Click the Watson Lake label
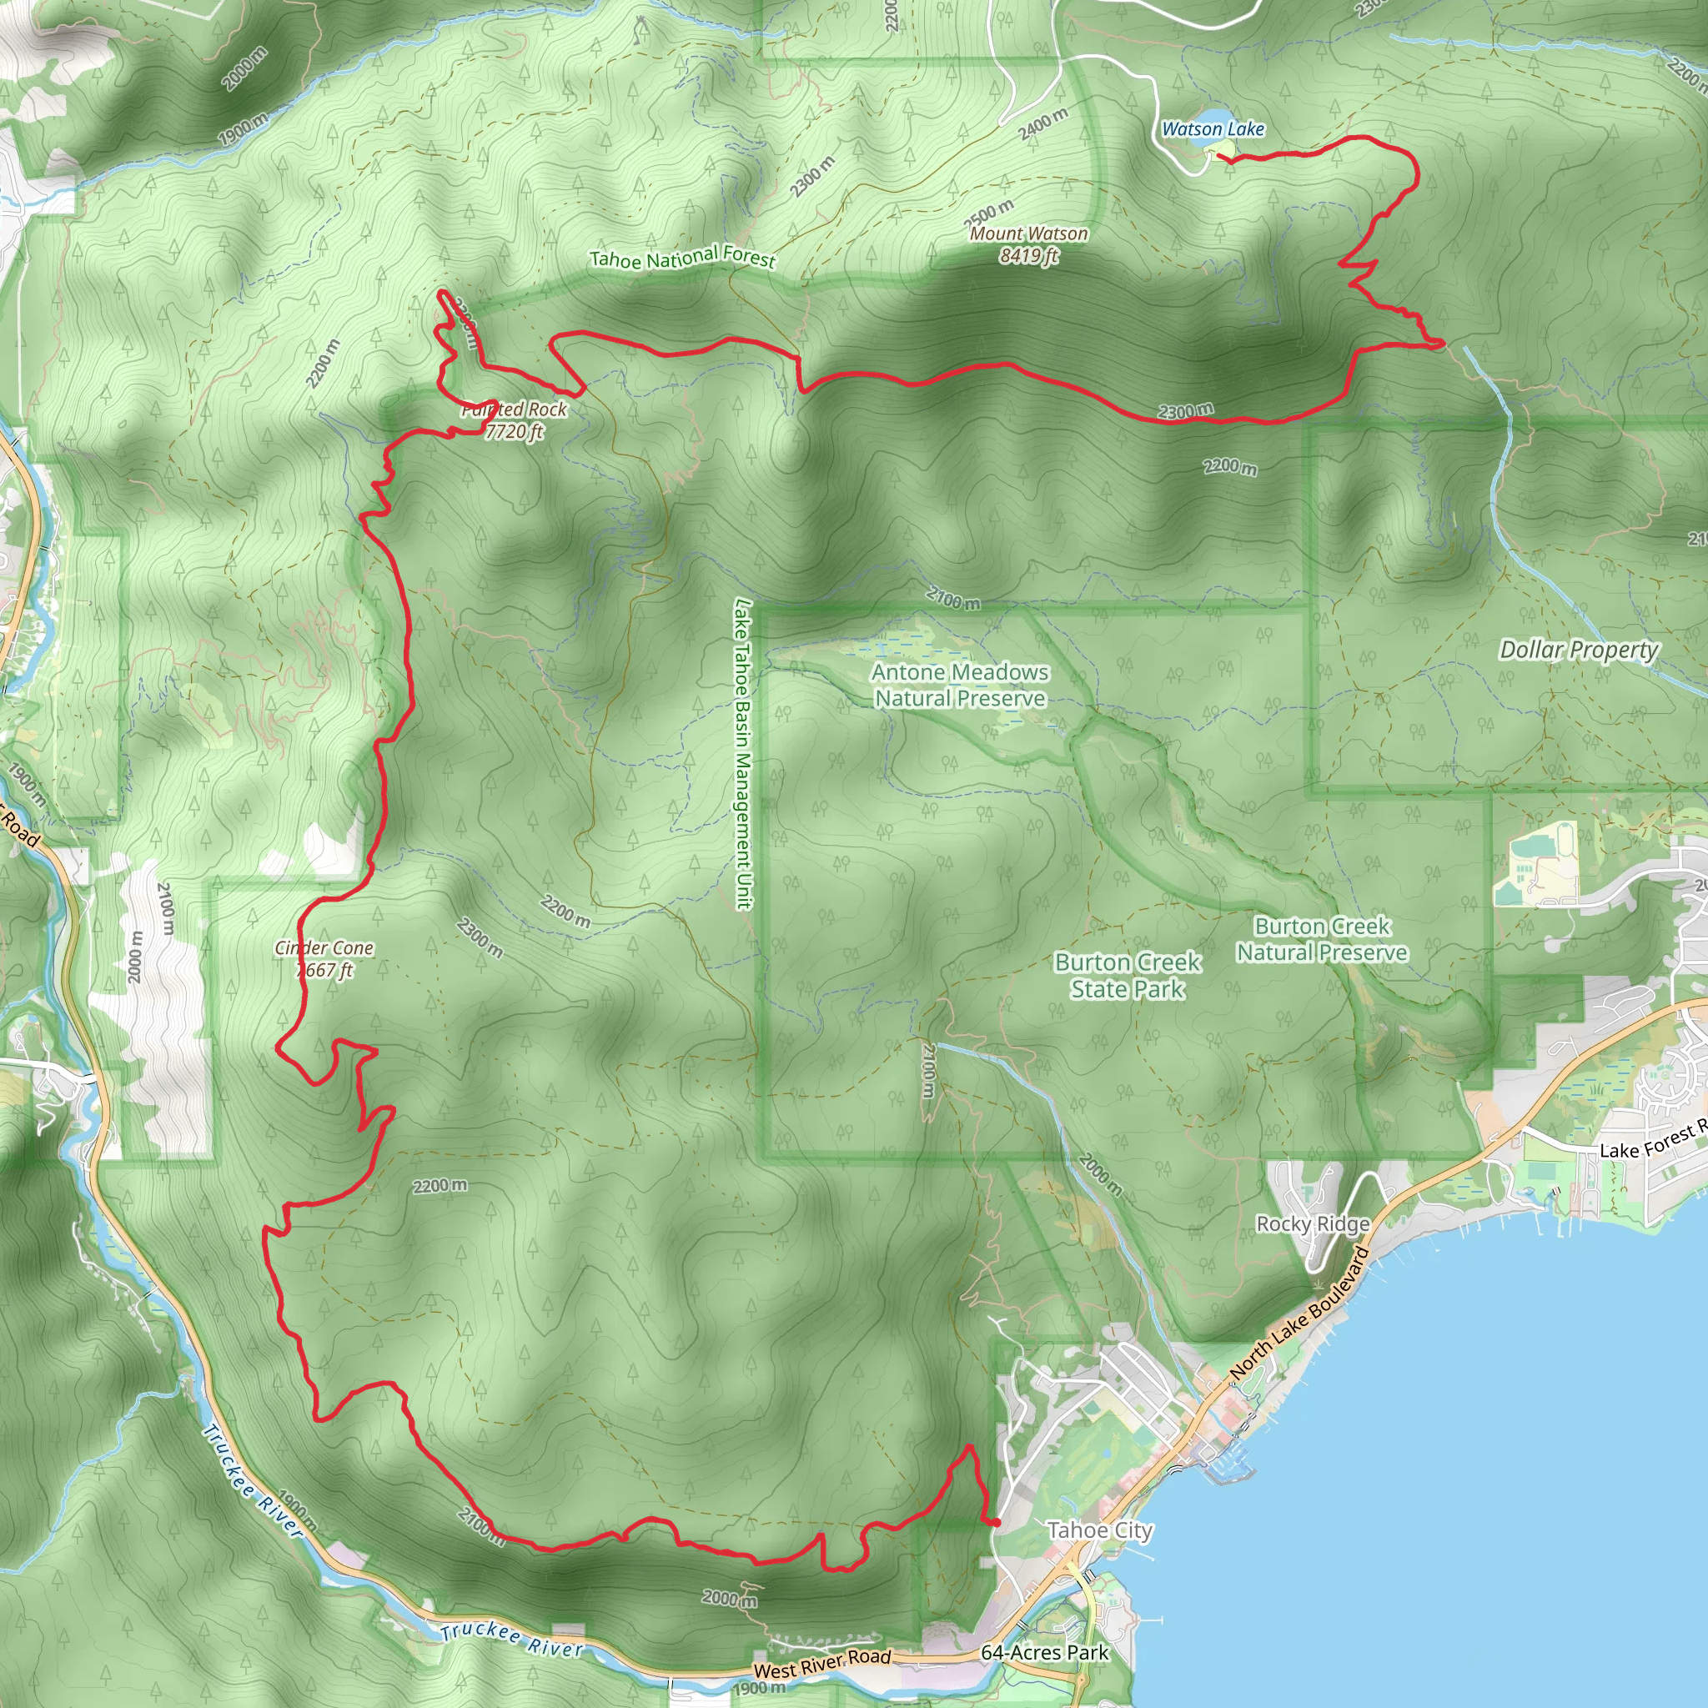[x=1212, y=129]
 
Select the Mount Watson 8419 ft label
[x=1028, y=245]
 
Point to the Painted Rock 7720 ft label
[x=514, y=421]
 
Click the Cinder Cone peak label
[x=324, y=958]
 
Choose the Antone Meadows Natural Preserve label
[x=960, y=686]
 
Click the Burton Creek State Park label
[x=1128, y=975]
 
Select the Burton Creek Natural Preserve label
[x=1322, y=939]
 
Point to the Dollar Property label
[x=1578, y=650]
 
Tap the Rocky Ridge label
[x=1313, y=1223]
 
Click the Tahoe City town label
[x=1100, y=1530]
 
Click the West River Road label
[x=822, y=1663]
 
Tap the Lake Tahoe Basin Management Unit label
[x=742, y=754]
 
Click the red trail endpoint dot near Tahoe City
[x=996, y=1522]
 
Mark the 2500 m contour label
[x=988, y=213]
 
